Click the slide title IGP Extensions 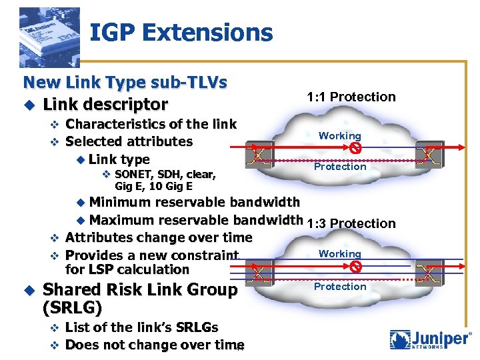point(181,33)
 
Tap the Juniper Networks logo point(430,339)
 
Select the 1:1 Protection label point(351,97)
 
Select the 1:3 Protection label point(351,223)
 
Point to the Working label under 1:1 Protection point(339,136)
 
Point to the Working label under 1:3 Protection point(339,254)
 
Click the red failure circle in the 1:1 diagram point(356,148)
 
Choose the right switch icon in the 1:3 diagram point(427,273)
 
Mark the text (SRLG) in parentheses point(72,308)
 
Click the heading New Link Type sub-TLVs point(125,83)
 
